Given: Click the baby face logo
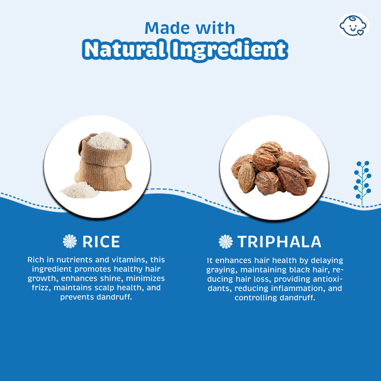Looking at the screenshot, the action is coord(354,25).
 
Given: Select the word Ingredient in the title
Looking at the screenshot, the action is coord(230,50).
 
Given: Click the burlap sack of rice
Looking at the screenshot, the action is coord(104,162).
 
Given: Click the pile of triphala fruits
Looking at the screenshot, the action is coord(274,169).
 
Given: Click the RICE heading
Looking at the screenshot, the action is coord(101,242).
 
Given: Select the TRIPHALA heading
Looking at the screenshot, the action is coord(279,242).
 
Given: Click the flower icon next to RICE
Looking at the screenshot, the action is coord(70,241).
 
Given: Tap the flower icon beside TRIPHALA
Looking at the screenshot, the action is coord(225,242).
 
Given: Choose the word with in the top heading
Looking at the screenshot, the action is coord(215,28).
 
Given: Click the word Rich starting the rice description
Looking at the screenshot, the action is coord(36,260).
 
